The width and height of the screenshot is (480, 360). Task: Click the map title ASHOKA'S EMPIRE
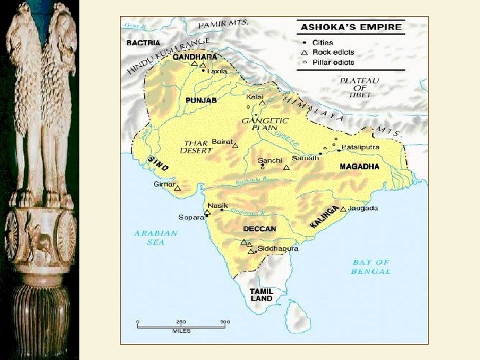point(351,28)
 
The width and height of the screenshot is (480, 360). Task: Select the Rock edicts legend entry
point(334,51)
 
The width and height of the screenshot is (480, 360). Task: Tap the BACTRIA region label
point(143,43)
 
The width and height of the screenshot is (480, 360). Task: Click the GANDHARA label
point(195,57)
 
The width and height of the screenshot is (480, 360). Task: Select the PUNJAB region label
point(201,100)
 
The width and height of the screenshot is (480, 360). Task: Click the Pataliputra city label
point(360,147)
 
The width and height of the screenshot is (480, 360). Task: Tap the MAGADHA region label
point(359,166)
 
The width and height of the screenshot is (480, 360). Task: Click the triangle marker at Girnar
point(177,189)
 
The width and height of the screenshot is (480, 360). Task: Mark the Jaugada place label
point(363,209)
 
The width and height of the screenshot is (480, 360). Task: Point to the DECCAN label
point(259,229)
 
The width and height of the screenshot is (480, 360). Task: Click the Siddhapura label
point(277,249)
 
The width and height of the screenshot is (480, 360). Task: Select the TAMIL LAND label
point(261,295)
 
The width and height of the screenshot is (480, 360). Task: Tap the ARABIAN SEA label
point(156,238)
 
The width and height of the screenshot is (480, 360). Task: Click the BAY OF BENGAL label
point(371,267)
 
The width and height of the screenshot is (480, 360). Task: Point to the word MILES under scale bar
point(181,331)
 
